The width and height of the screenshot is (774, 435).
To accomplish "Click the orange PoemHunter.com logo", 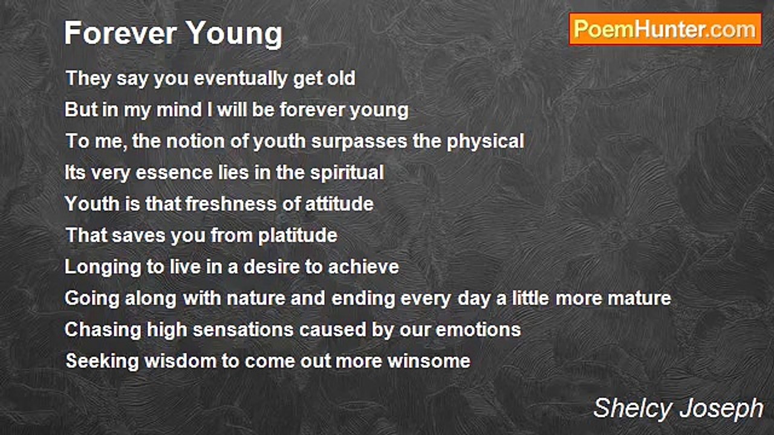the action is [x=665, y=30].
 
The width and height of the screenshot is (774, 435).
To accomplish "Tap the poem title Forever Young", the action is [x=174, y=33].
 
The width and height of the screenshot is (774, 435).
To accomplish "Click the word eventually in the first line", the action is [x=241, y=79].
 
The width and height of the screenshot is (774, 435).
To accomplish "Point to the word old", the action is [x=342, y=78].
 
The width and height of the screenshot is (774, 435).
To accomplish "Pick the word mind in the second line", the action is [x=179, y=110].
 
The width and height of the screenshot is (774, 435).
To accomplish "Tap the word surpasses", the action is [x=359, y=142].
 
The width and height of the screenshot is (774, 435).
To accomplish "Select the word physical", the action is [x=485, y=142].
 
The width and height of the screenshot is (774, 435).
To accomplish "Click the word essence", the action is [x=174, y=173].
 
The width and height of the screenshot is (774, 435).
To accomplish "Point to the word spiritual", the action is [x=347, y=173].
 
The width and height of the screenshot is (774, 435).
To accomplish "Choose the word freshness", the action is [x=231, y=204].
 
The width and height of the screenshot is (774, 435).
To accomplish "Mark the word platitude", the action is [x=298, y=236].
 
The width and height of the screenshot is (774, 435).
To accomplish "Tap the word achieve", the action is [x=363, y=267].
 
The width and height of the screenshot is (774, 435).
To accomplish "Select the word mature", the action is [x=639, y=298].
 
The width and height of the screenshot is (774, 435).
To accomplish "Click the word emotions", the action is [x=478, y=330].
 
